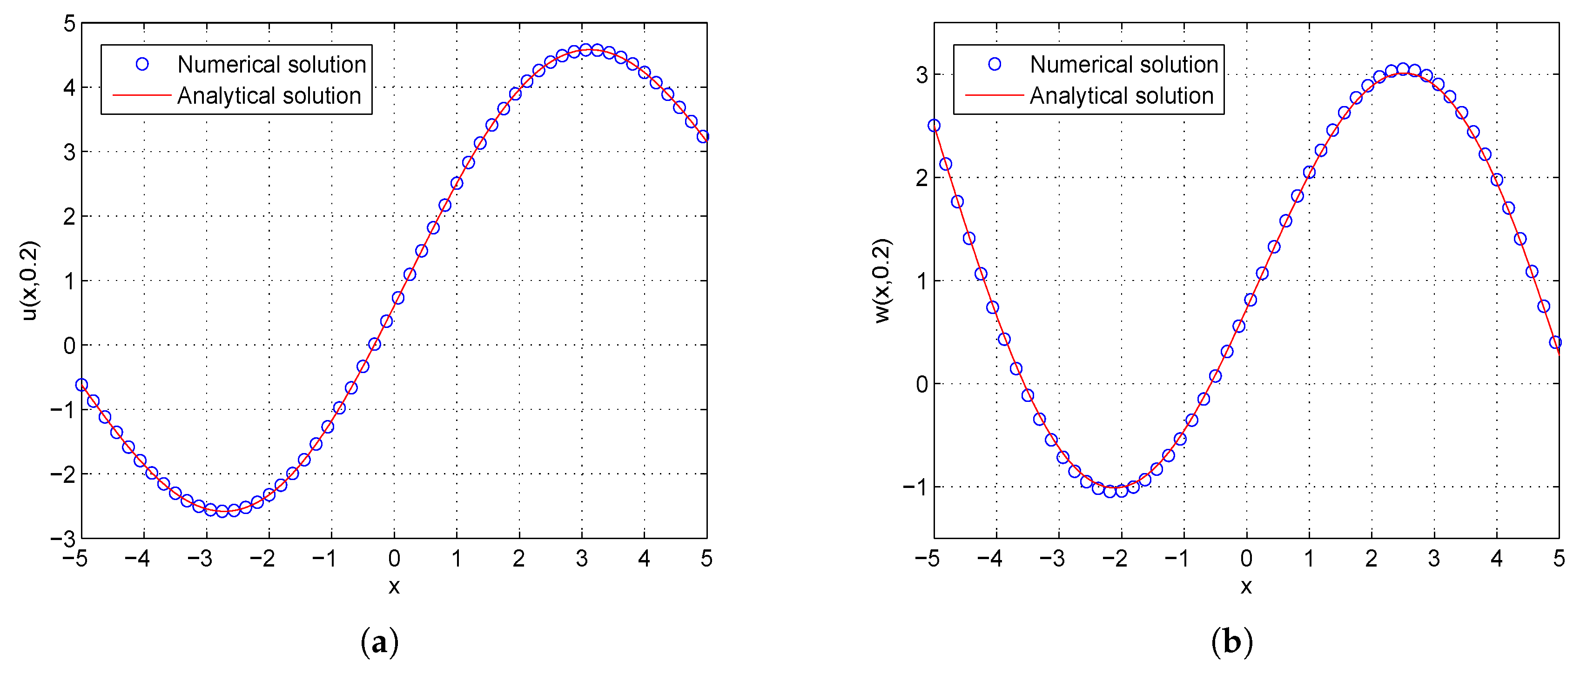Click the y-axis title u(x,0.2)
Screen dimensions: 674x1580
[29, 280]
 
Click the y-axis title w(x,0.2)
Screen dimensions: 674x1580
[881, 280]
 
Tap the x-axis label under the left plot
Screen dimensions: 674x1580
[394, 587]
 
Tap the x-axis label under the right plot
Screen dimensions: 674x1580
[1246, 587]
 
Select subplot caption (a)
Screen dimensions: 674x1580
[380, 642]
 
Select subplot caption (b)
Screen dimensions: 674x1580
[1231, 642]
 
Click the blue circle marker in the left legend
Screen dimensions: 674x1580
[142, 64]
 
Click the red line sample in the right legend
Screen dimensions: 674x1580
[994, 96]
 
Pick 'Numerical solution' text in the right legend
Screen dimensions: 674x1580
[1123, 64]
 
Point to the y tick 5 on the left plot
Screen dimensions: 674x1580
[69, 24]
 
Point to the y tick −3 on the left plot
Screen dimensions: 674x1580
[63, 539]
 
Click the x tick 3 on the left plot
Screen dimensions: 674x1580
[581, 559]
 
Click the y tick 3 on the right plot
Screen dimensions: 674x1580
[921, 75]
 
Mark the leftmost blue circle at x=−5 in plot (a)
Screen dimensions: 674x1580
[81, 385]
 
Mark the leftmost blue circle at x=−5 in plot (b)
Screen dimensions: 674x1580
[934, 126]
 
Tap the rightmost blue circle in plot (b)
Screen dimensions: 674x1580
[1555, 342]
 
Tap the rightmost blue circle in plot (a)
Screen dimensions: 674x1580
[703, 136]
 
